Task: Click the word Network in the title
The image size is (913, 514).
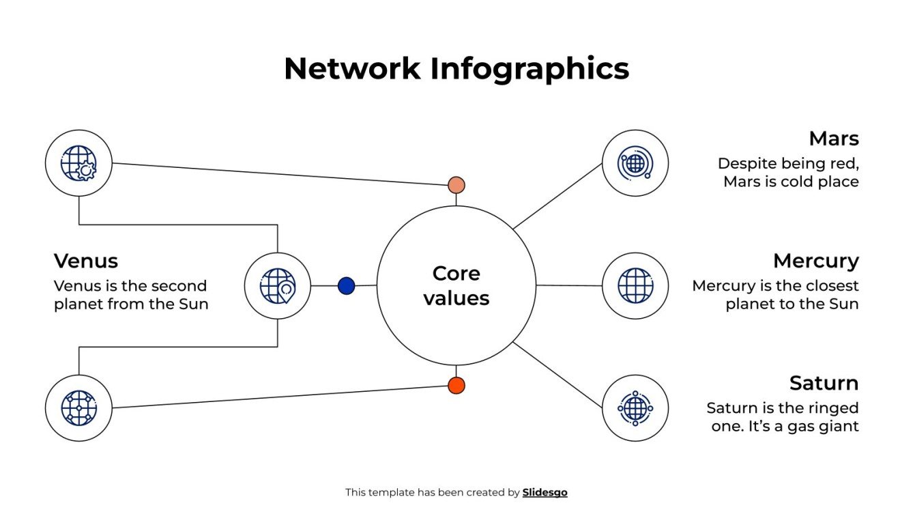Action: click(x=352, y=69)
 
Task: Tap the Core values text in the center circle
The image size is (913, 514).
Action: click(x=456, y=285)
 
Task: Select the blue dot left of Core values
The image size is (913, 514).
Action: click(x=347, y=286)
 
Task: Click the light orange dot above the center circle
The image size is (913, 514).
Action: click(x=456, y=185)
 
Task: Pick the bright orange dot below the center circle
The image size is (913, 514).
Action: click(x=456, y=386)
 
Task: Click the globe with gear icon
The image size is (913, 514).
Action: click(x=78, y=163)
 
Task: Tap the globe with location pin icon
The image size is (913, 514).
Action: click(x=278, y=285)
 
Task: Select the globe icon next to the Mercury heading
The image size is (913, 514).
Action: click(x=635, y=285)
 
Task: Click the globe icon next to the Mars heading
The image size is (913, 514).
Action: click(x=635, y=163)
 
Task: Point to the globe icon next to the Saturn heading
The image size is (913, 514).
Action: click(x=635, y=408)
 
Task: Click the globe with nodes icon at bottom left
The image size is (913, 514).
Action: click(x=78, y=408)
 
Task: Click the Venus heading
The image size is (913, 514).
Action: click(x=86, y=261)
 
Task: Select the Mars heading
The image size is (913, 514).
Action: click(x=833, y=139)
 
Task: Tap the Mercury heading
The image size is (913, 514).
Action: click(x=815, y=261)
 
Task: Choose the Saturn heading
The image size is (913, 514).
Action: click(x=824, y=383)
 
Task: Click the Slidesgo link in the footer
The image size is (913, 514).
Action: click(x=545, y=492)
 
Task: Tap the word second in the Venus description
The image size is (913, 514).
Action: click(x=179, y=285)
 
